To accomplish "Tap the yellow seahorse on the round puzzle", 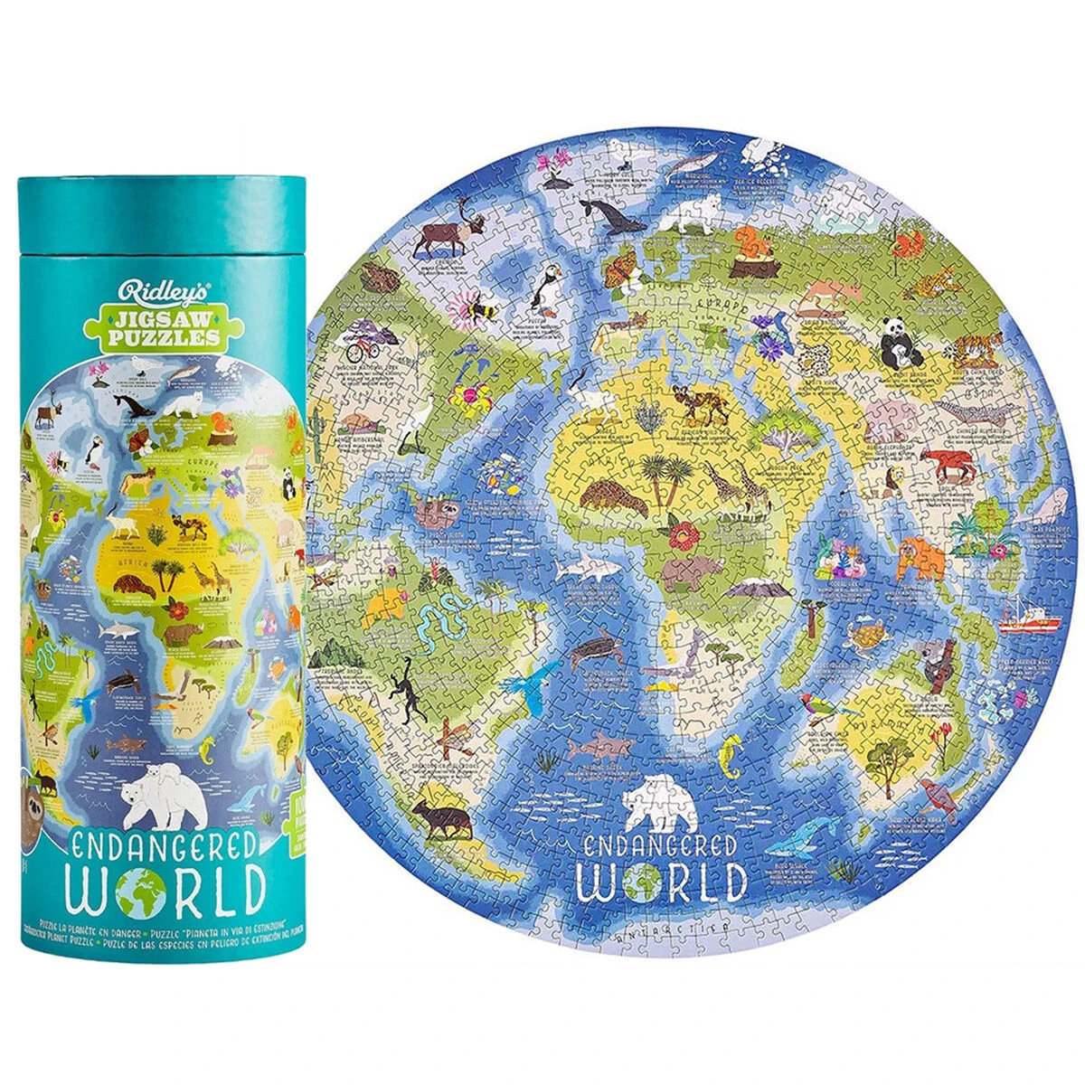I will (731, 757).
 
